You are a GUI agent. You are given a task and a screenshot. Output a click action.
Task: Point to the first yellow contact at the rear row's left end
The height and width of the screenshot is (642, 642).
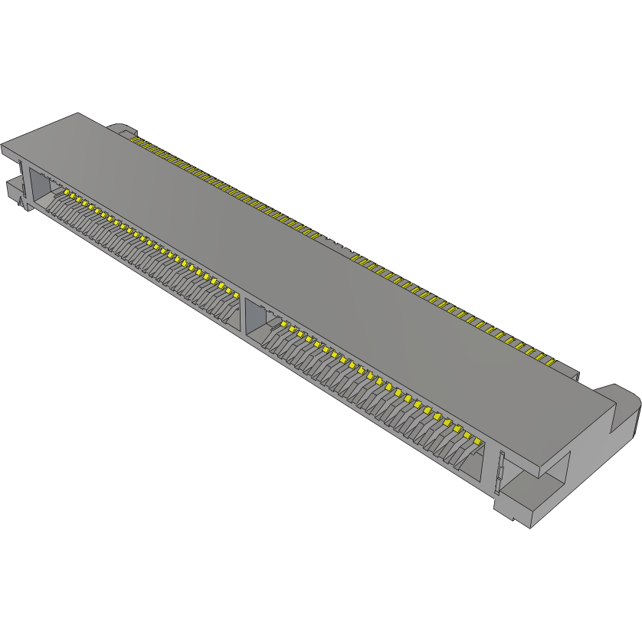136,139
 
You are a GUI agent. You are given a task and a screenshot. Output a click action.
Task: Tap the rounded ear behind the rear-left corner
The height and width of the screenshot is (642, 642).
120,128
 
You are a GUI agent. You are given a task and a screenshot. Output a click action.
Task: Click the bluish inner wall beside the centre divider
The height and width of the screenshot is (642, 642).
255,319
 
